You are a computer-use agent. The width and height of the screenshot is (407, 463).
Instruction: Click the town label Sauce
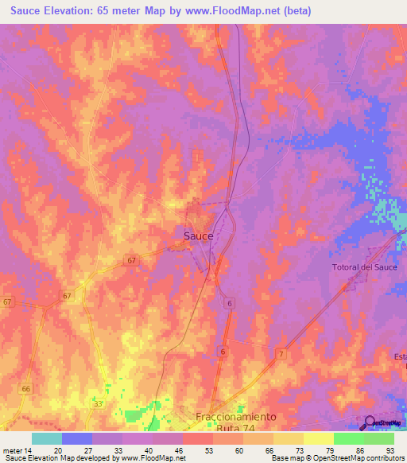click(x=198, y=236)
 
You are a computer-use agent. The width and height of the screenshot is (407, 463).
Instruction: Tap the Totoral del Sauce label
click(x=364, y=267)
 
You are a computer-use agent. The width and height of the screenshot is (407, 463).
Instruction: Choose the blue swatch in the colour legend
click(x=76, y=438)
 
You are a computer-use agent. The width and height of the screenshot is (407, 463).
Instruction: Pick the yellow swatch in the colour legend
click(x=318, y=438)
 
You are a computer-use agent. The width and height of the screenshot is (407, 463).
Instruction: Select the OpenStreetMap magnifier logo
click(x=370, y=423)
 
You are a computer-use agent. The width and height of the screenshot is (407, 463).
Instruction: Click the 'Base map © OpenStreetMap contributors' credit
click(x=337, y=458)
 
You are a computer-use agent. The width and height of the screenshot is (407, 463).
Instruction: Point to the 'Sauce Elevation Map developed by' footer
click(x=58, y=458)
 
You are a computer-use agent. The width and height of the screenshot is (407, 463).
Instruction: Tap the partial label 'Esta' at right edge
click(x=399, y=356)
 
